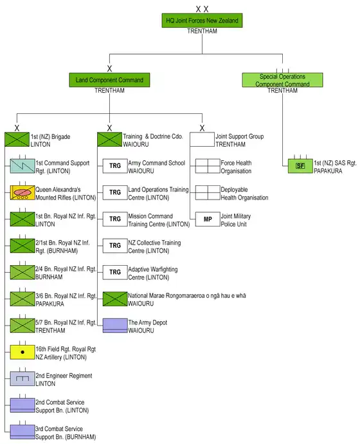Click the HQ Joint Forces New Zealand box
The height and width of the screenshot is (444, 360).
coord(202,21)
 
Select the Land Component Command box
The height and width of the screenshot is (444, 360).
coord(109,80)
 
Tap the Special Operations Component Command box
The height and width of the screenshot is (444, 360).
coord(282,80)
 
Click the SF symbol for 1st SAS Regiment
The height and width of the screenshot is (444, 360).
coord(300,166)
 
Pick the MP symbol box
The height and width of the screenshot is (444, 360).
coord(208,219)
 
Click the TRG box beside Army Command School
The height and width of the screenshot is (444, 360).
coord(115,166)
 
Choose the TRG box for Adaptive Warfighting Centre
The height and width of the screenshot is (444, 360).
coord(115,272)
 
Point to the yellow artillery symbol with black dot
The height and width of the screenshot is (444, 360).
coord(22,352)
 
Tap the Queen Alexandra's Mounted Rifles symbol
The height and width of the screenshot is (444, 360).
coord(22,192)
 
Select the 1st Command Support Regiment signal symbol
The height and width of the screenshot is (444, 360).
coord(22,166)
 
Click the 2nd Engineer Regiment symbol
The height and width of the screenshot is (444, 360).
coord(22,378)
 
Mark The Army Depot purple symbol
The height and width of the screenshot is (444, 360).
coord(115,326)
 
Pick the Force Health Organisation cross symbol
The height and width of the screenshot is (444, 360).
coord(208,166)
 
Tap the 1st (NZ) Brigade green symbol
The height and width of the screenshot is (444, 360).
coord(17,140)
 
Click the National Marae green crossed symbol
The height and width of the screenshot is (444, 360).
coord(115,299)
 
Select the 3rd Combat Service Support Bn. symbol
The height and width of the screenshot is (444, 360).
coord(22,432)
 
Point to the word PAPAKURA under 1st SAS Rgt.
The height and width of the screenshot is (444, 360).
coord(328,171)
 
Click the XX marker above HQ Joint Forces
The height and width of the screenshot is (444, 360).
coord(202,9)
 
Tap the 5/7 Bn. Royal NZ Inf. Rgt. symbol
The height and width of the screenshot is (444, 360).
coord(22,326)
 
